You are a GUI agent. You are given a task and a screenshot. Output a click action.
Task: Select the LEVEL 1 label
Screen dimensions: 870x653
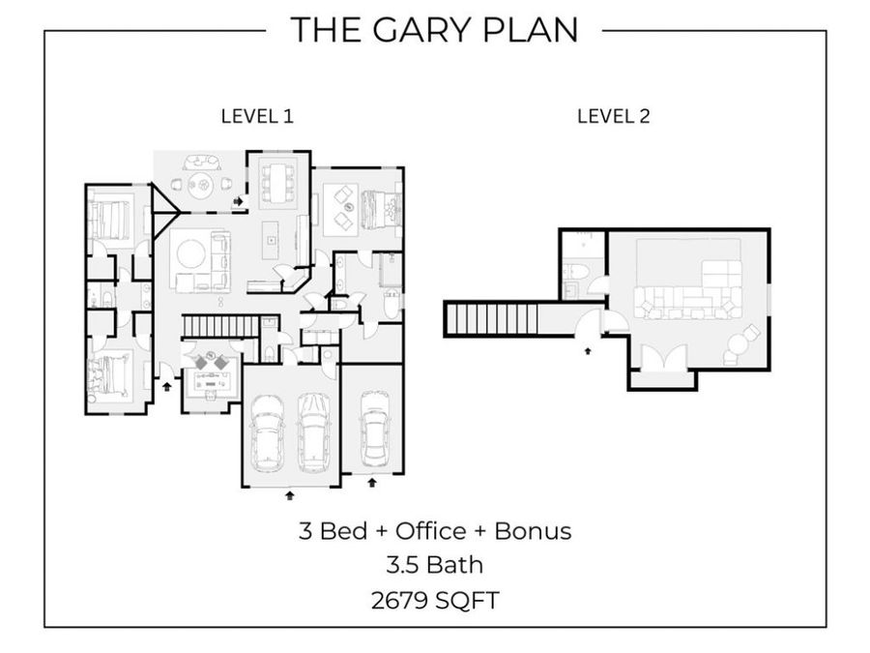coord(257,117)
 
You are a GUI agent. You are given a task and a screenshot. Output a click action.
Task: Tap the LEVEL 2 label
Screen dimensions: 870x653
coord(613,117)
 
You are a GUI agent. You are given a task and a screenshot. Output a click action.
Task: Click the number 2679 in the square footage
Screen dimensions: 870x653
coord(399,600)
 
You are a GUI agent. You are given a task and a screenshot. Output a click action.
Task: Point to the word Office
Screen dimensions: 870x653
coord(430,531)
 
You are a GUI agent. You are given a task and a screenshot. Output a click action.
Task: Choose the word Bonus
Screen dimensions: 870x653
coord(533,531)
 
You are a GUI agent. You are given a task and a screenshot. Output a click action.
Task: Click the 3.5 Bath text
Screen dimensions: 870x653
coord(434,565)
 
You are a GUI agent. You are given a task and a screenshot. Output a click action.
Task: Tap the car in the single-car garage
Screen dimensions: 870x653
coord(372,429)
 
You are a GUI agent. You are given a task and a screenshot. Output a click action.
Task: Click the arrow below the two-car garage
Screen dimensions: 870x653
coord(290,494)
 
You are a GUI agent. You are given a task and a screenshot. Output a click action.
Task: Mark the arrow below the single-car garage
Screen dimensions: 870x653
coord(372,482)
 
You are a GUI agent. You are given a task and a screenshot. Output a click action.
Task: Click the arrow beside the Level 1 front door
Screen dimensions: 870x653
coord(167,386)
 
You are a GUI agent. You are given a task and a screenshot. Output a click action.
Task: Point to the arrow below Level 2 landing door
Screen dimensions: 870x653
coord(588,350)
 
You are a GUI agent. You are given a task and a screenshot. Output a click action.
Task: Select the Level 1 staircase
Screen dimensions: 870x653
coord(220,326)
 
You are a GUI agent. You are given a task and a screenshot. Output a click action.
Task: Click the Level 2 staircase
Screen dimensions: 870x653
coord(492,318)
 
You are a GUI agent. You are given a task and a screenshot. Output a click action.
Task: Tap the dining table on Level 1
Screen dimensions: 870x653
coord(277,182)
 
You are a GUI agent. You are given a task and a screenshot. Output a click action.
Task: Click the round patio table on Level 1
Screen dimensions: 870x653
coord(200,182)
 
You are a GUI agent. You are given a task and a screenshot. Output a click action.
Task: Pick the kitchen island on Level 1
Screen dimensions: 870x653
coord(271,240)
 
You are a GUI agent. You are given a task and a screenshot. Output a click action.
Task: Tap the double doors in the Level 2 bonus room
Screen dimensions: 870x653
coord(662,358)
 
